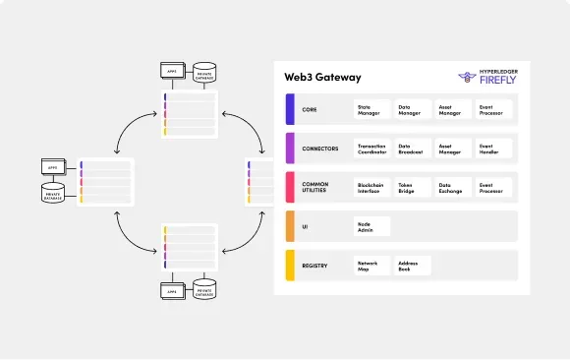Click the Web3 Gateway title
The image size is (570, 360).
pos(322,77)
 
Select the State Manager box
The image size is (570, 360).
pos(371,109)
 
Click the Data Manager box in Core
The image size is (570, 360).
pos(412,109)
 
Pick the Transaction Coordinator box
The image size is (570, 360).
pos(371,149)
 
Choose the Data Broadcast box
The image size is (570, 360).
pos(412,149)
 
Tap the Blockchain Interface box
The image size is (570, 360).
pos(371,187)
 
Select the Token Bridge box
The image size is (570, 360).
pos(412,187)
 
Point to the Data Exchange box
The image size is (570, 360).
pos(452,187)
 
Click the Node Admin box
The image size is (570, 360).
pos(371,226)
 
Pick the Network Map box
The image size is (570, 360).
pos(371,266)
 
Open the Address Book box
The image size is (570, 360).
pos(412,266)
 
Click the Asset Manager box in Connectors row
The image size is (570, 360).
pos(452,149)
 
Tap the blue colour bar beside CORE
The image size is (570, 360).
pos(290,109)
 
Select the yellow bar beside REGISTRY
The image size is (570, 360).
pos(290,266)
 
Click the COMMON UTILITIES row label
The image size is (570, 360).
pos(316,187)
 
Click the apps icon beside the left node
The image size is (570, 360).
pos(53,168)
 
